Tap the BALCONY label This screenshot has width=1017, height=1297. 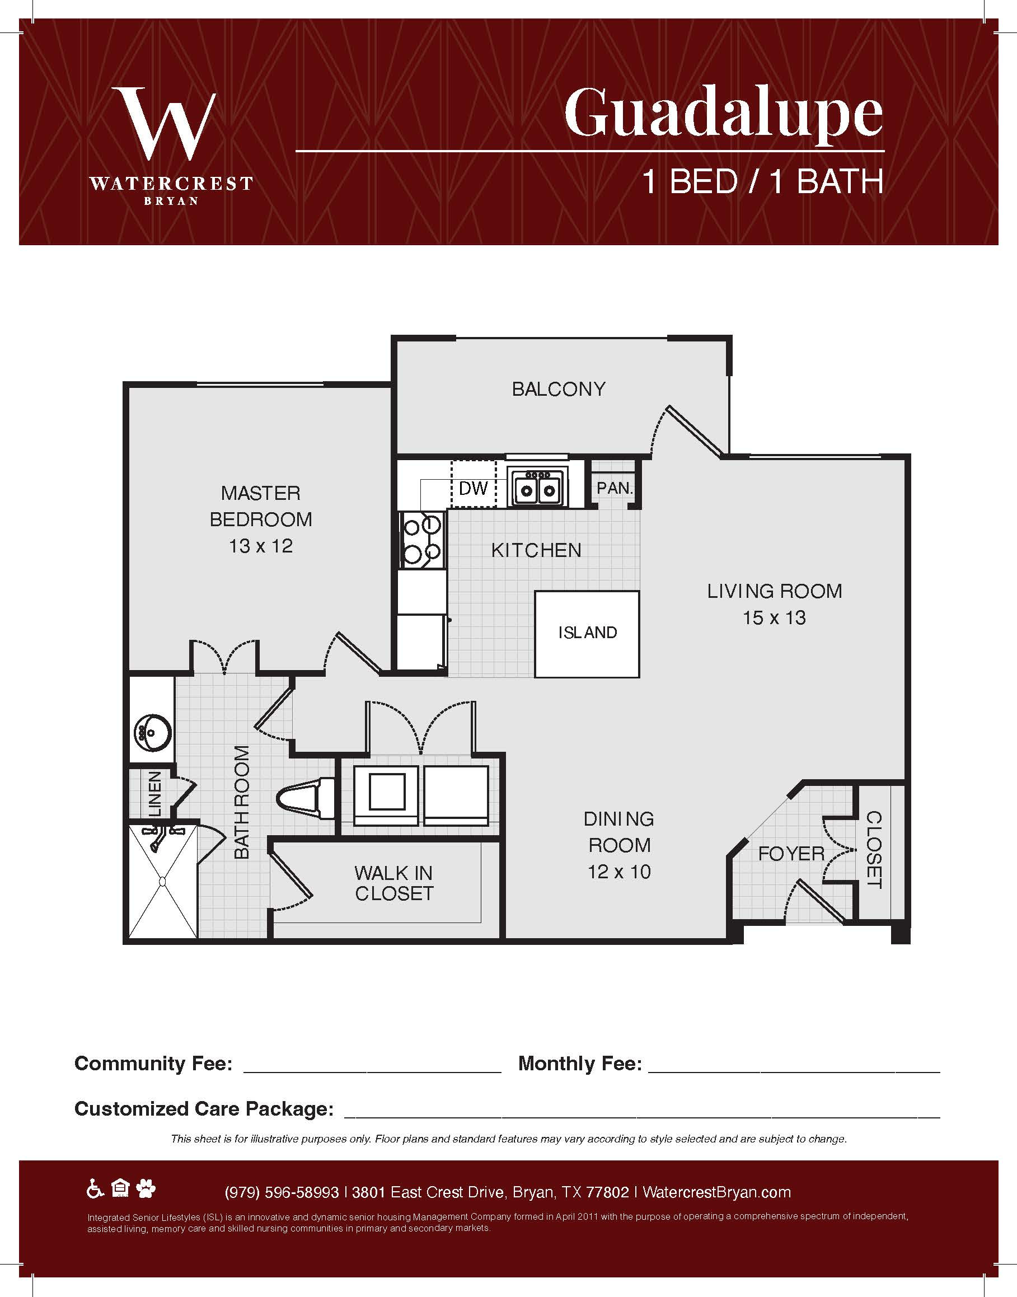coord(559,389)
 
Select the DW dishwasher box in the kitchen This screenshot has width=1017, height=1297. coord(474,483)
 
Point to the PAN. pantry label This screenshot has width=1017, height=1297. coord(615,488)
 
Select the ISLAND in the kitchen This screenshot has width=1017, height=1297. coord(587,634)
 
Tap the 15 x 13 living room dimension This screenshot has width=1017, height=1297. coord(774,617)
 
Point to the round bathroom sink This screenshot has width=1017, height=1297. coord(152,731)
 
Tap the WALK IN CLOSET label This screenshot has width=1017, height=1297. coord(393,883)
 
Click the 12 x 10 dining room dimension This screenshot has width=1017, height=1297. coord(619,872)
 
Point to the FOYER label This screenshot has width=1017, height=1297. coord(791,854)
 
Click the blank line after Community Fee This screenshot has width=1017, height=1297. coord(372,1072)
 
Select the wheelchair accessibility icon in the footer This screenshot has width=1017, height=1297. coord(95,1189)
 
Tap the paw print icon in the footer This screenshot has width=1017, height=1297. coord(146,1189)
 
